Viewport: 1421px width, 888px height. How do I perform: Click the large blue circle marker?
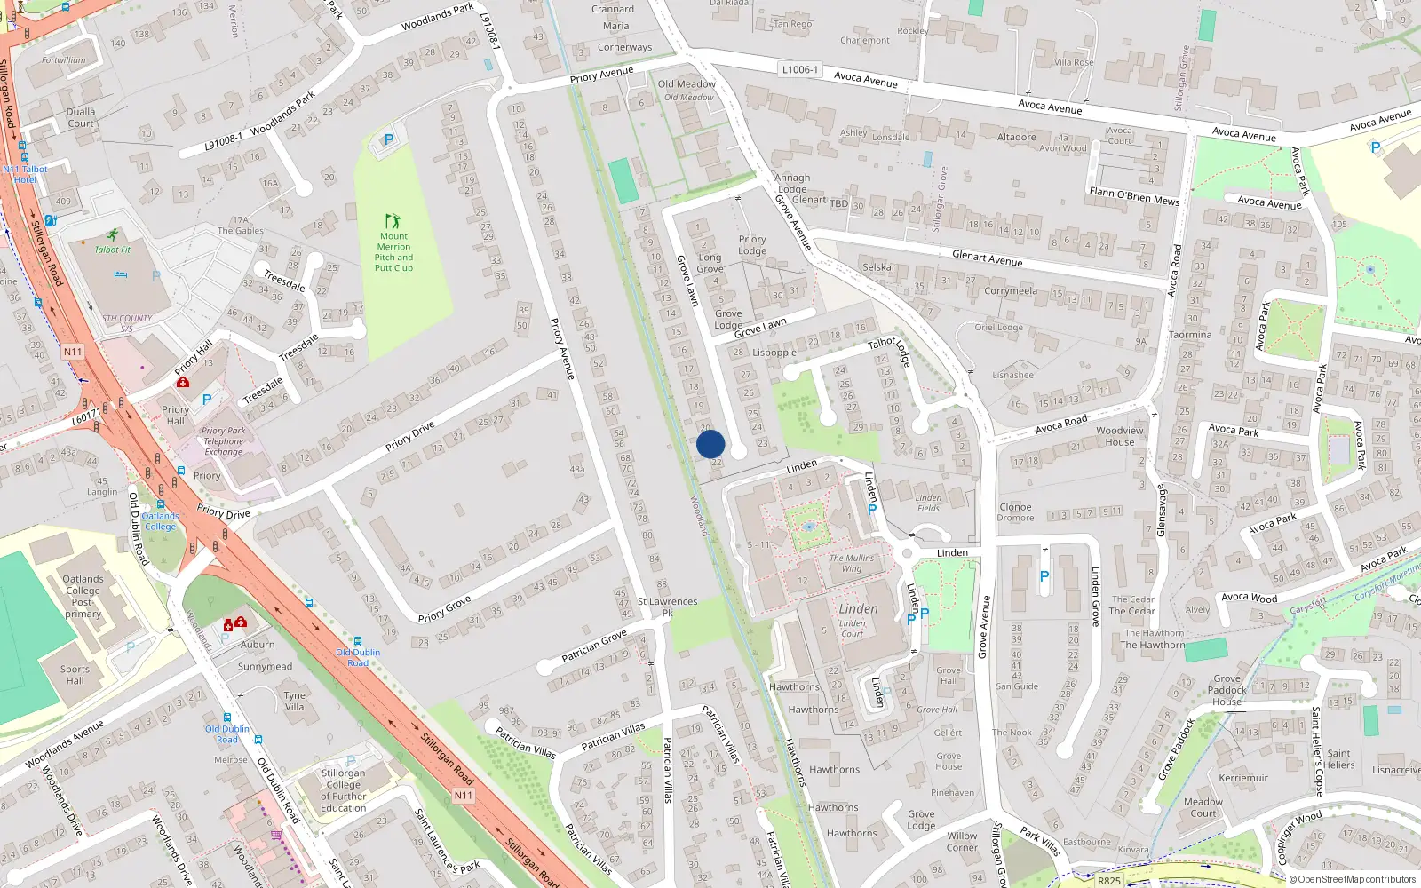coord(710,444)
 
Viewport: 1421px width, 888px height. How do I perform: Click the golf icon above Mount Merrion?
coord(393,220)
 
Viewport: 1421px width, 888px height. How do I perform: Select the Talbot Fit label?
coord(113,250)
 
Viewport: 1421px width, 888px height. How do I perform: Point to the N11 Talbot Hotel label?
coord(25,174)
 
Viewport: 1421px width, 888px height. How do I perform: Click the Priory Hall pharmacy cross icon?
coord(183,382)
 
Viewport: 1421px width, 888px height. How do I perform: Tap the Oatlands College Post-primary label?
coord(83,596)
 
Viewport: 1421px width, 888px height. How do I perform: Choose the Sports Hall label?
coord(75,675)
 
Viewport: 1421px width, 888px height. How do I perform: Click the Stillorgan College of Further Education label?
coord(343,790)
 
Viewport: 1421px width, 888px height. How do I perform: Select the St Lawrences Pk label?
coord(667,607)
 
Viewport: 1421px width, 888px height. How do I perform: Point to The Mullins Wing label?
coord(852,563)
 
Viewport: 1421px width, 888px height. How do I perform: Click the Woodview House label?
coord(1120,436)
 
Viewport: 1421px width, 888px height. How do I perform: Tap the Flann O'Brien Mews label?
coord(1134,196)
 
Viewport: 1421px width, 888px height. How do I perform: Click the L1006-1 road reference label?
coord(800,69)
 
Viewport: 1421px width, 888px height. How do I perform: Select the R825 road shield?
coord(1108,881)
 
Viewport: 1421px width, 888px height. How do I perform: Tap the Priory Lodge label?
coord(752,245)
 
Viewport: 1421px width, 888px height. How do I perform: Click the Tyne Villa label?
coord(295,702)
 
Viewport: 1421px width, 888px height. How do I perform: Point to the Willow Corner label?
coord(962,841)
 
